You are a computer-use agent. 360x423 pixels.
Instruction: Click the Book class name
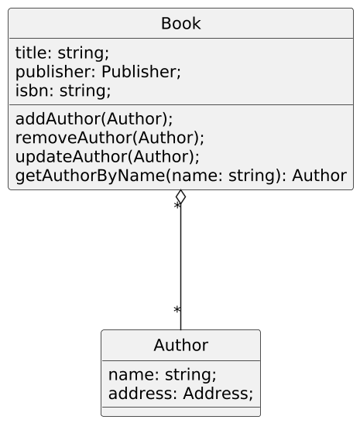coord(180,23)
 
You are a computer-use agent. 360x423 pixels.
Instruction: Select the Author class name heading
coord(180,345)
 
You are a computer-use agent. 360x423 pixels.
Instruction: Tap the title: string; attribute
coord(62,53)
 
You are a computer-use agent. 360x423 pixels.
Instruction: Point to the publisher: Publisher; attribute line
coord(98,72)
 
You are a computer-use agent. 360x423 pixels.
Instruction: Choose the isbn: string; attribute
coord(63,90)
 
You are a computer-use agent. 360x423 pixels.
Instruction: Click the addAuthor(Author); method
coord(94,119)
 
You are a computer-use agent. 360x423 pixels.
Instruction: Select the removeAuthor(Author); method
coord(110,138)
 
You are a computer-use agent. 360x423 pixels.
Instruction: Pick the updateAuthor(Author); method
coord(108,157)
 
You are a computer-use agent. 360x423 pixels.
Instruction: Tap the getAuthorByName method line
coord(181,176)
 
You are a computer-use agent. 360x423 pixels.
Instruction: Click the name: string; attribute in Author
coord(163,375)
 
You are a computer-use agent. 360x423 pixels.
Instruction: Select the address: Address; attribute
coord(180,394)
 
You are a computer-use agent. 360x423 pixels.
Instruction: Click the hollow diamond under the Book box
coord(180,196)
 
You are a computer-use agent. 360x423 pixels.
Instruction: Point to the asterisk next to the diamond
coord(177,206)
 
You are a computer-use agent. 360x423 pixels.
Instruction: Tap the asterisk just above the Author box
coord(177,309)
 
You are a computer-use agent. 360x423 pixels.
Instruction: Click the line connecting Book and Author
coord(180,267)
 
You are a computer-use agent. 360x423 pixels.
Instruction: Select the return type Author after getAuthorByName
coord(320,176)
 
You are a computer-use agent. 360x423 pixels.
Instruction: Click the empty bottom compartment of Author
coord(180,411)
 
